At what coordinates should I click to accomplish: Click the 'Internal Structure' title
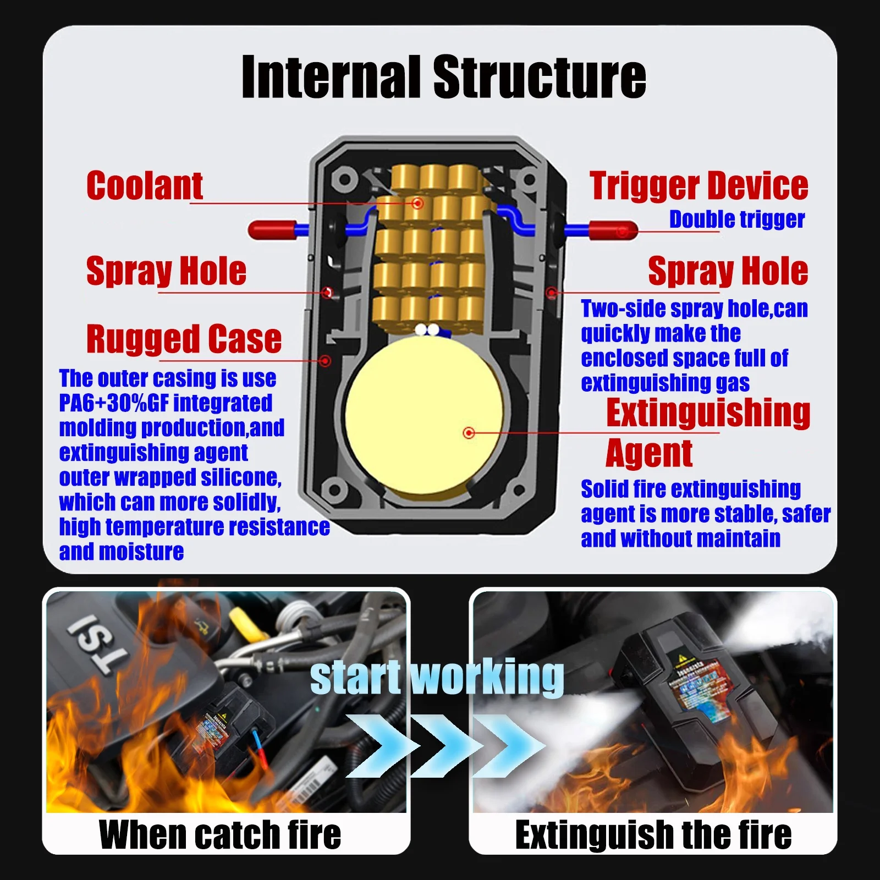[443, 77]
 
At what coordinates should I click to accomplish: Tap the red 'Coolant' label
[145, 186]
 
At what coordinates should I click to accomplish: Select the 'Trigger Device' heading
[698, 186]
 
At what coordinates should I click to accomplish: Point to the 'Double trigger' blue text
[736, 219]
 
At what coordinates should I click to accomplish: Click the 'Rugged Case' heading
[184, 339]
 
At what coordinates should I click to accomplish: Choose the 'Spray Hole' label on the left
[166, 271]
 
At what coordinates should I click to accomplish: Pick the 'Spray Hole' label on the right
[728, 271]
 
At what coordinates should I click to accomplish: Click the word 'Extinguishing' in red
[708, 413]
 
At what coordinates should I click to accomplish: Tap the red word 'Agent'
[649, 454]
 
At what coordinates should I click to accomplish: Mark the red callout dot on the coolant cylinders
[417, 204]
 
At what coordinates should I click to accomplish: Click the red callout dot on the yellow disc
[469, 433]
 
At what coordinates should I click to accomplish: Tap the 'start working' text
[437, 678]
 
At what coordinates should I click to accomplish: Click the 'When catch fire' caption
[220, 835]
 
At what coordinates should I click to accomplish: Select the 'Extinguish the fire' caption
[653, 835]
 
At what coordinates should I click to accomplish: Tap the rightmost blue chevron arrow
[509, 746]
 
